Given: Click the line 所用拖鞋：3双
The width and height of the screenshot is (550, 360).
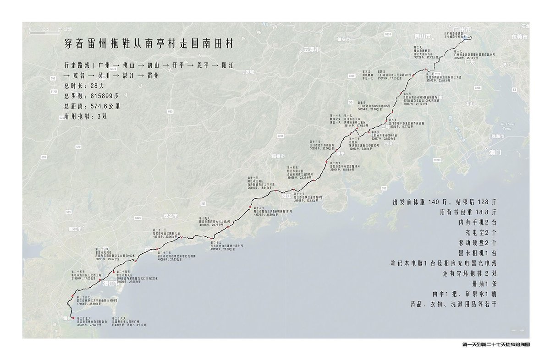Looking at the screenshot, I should (x=86, y=116).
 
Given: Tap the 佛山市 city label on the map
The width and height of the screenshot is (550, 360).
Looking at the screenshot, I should (x=423, y=36).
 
